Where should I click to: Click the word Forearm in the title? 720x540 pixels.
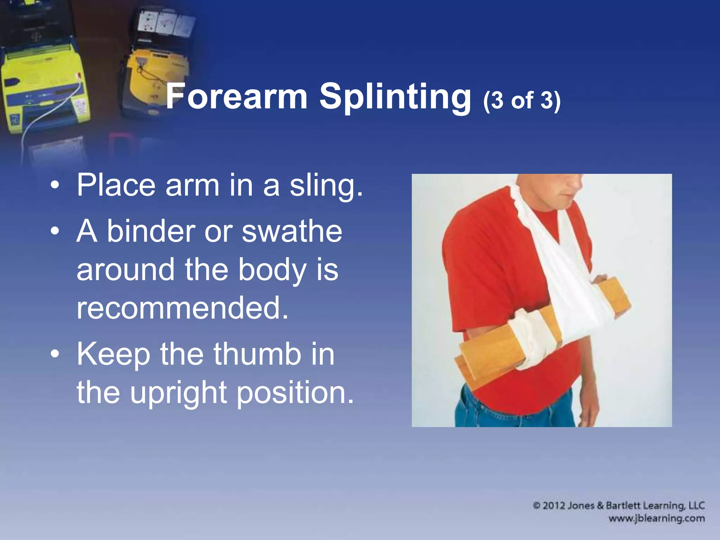point(236,97)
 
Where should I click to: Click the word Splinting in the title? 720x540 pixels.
point(395,97)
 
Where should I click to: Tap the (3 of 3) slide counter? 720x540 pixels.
point(522,101)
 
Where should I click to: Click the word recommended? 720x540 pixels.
point(182,308)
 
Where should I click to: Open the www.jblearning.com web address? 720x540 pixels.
point(656,519)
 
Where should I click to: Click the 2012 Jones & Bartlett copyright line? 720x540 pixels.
point(619,506)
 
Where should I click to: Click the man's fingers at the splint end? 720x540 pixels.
point(600,279)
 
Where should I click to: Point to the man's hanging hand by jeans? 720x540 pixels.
point(587,411)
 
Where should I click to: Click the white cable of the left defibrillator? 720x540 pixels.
point(53,105)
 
